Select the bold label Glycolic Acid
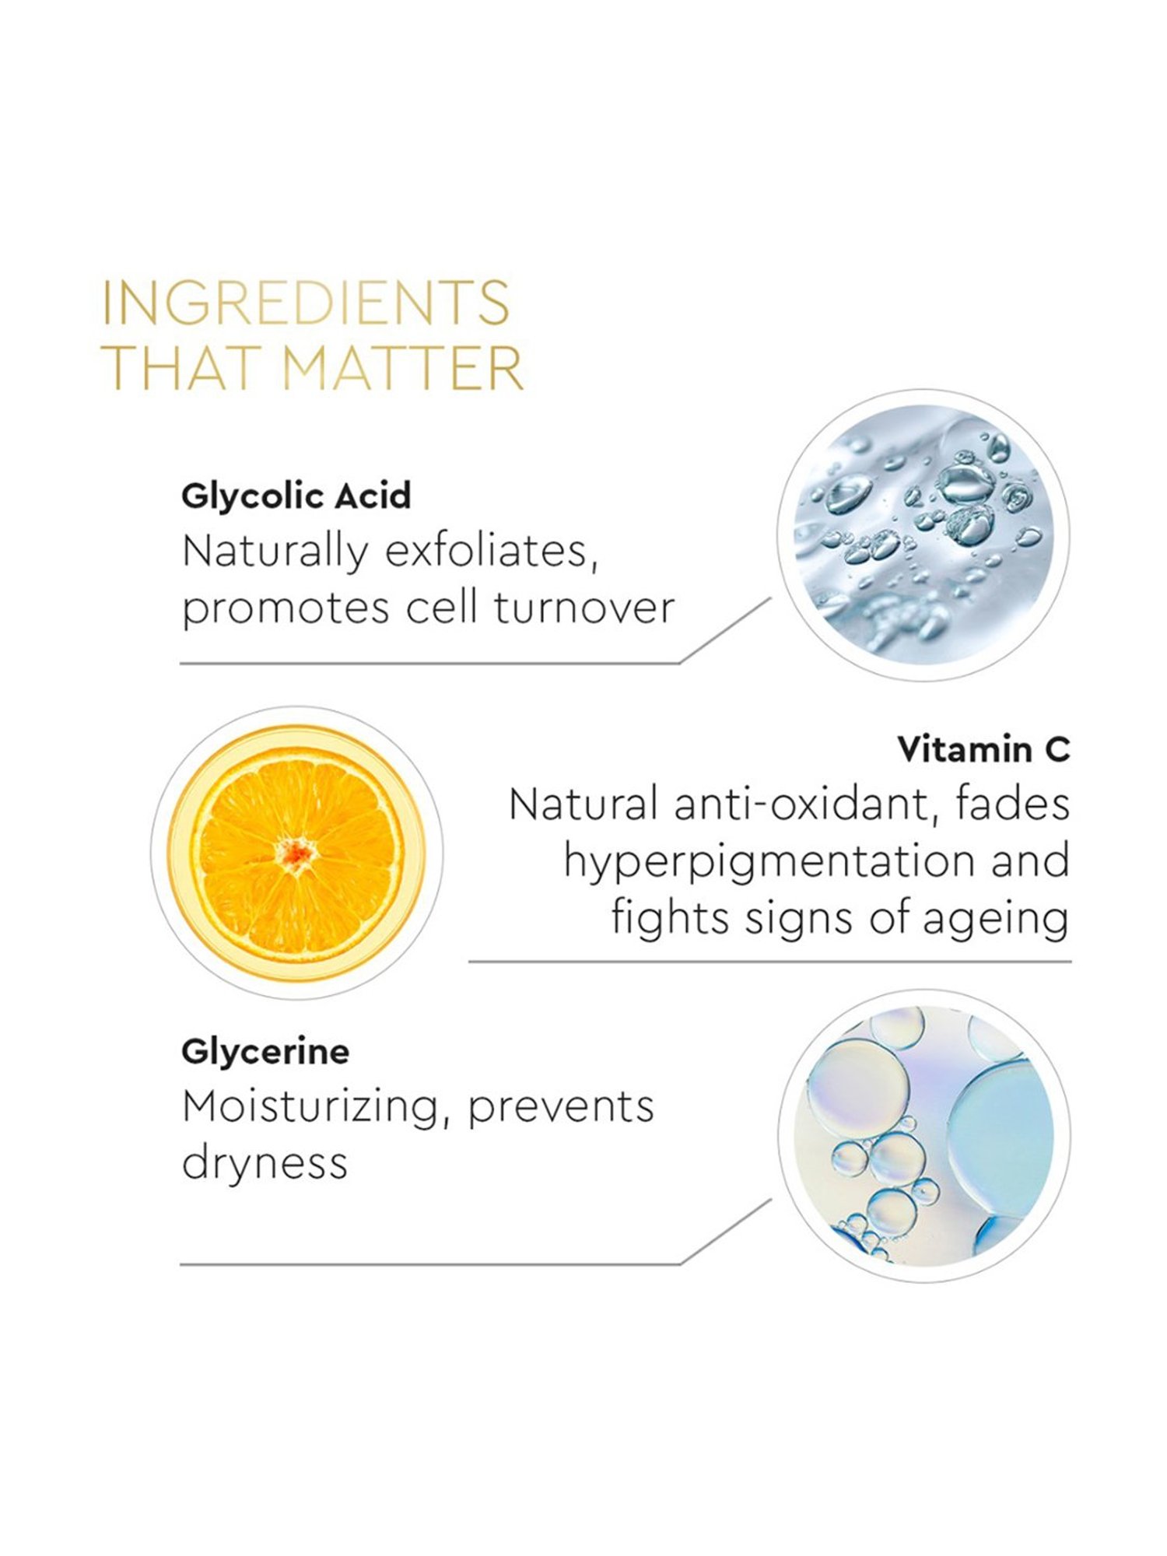tap(296, 496)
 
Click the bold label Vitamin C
tap(983, 749)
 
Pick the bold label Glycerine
tap(265, 1052)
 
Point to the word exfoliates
tap(492, 552)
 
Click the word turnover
tap(584, 607)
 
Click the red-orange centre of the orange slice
tap(297, 853)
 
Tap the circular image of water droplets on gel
tap(923, 534)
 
